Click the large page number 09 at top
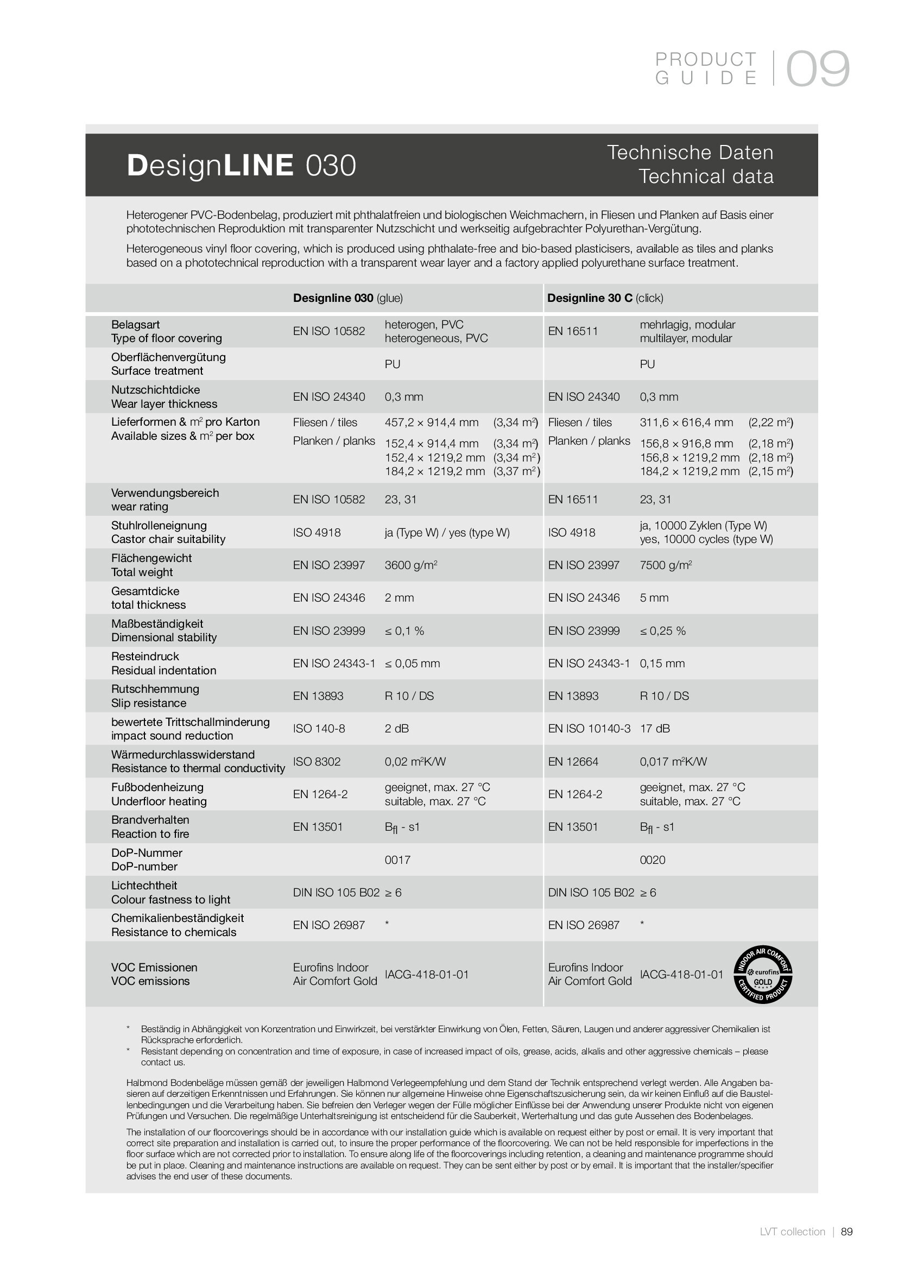click(x=817, y=68)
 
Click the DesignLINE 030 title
click(x=241, y=166)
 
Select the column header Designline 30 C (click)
click(x=605, y=298)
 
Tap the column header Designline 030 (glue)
click(x=348, y=298)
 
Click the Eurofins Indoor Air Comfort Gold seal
click(x=763, y=974)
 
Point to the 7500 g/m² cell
click(x=666, y=565)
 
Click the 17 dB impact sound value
click(x=655, y=729)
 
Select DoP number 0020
click(x=653, y=860)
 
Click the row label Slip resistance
click(x=149, y=703)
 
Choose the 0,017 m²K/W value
click(x=673, y=762)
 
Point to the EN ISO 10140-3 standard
click(x=589, y=729)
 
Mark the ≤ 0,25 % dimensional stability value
click(x=662, y=630)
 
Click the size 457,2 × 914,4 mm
click(x=431, y=422)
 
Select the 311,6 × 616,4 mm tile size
click(x=686, y=422)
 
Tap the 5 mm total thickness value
click(x=654, y=597)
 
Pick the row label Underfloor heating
click(x=159, y=801)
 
